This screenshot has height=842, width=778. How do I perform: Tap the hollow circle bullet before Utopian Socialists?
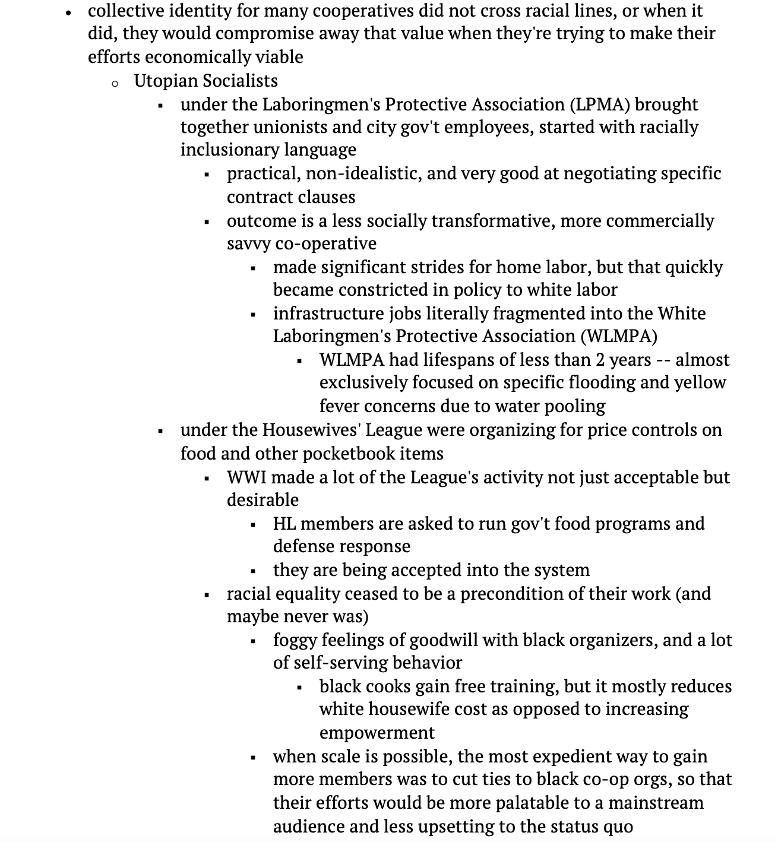[x=115, y=83]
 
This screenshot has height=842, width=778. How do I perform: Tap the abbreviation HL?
[x=284, y=524]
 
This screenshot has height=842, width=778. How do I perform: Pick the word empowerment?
[x=377, y=733]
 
